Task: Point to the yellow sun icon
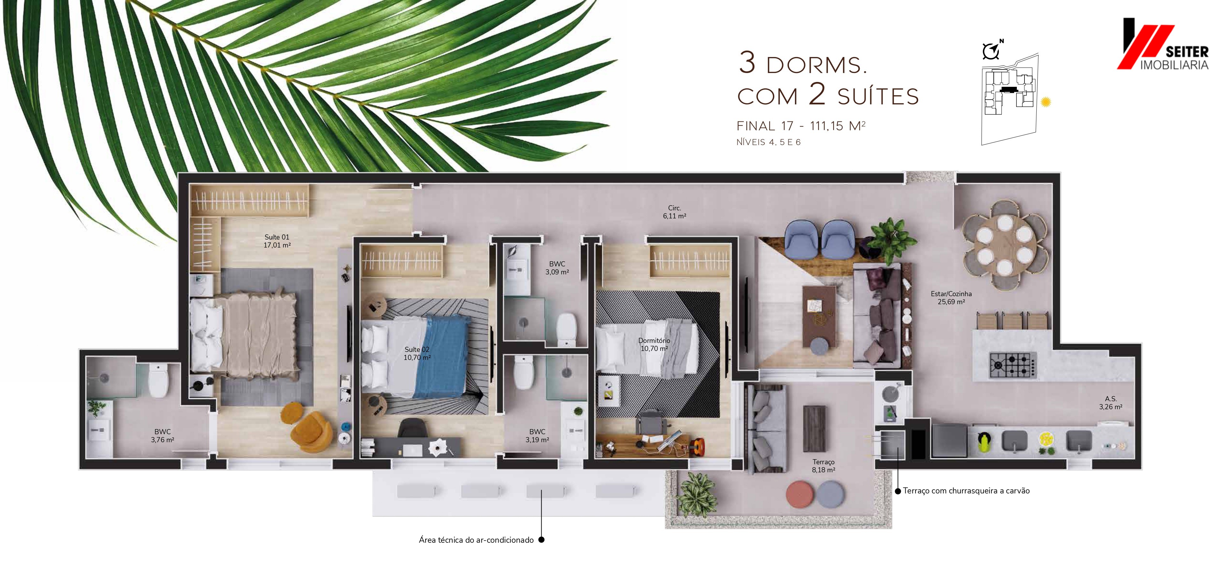1046,102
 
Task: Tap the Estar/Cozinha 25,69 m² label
951,297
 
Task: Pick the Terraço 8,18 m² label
824,466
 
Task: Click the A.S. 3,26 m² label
1110,403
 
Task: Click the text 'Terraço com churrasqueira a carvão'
966,491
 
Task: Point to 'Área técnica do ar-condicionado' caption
476,540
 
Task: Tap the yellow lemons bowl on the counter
1047,439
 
